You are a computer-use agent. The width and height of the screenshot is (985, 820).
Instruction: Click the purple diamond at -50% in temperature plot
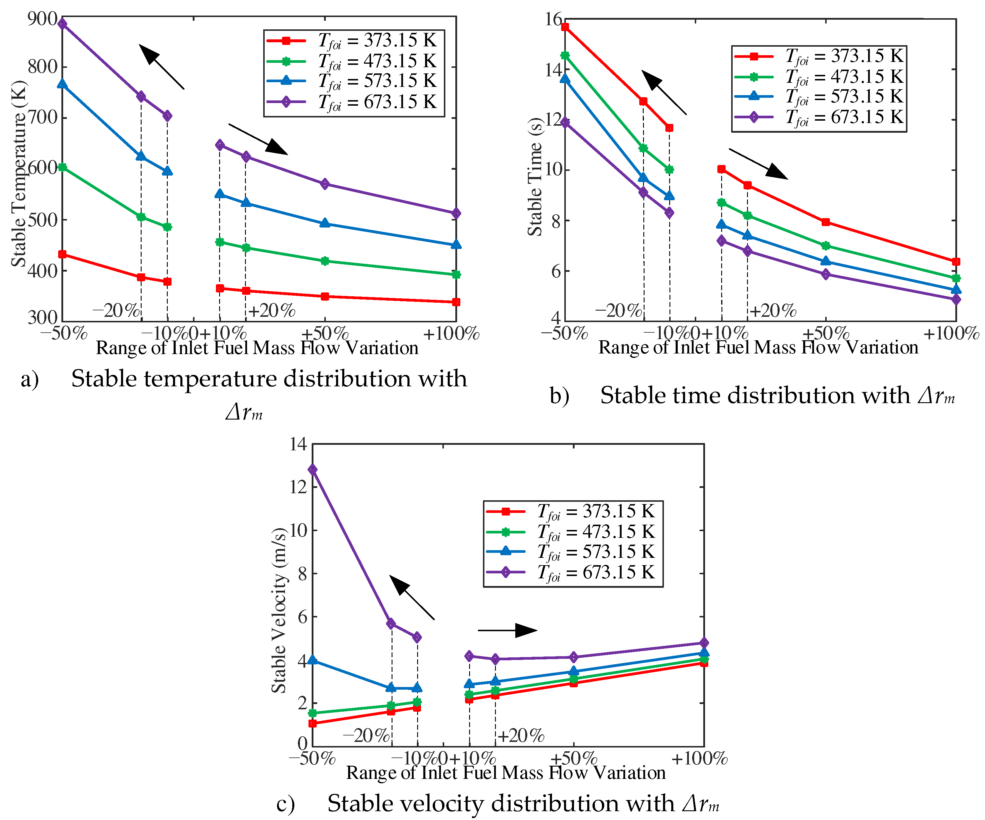click(62, 24)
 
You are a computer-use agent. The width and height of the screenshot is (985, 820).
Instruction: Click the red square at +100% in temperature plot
click(456, 302)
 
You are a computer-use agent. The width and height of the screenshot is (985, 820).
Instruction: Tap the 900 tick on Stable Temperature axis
click(42, 19)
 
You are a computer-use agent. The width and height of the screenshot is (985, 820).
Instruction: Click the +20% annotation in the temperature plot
click(271, 310)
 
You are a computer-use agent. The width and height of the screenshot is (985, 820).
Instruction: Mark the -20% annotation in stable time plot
click(618, 310)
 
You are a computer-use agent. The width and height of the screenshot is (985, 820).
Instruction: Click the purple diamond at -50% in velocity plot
click(312, 469)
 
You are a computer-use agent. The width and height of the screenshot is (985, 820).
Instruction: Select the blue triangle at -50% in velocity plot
click(312, 660)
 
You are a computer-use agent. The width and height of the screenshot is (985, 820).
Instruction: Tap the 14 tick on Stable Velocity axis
click(298, 444)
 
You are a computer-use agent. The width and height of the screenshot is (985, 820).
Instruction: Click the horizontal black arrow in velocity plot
click(508, 630)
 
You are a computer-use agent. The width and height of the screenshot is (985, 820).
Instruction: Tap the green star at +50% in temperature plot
click(325, 261)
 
